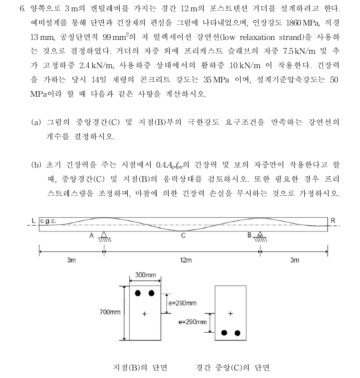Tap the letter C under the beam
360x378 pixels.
tap(183, 236)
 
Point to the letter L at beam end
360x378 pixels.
tap(34, 220)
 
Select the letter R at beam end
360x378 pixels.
tap(333, 220)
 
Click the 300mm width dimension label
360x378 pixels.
tap(146, 275)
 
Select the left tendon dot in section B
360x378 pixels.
tap(138, 293)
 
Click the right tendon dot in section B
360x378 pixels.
tap(151, 293)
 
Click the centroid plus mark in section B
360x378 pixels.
tap(144, 314)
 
